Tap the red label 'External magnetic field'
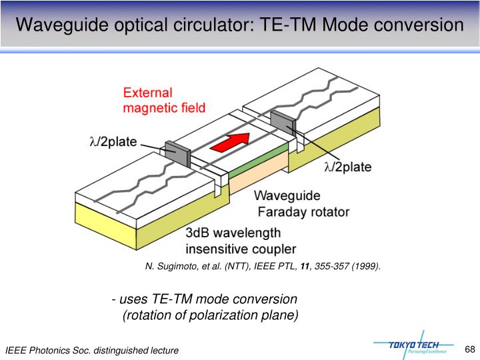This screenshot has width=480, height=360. coord(164,99)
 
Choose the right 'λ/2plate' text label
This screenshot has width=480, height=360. coord(347,167)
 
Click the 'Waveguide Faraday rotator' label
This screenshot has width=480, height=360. coord(300,204)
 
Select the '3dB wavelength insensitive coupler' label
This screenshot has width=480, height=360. coord(240,241)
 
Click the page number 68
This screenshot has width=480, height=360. coord(469,349)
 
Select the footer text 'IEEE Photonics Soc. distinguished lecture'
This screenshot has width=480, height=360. coord(92,351)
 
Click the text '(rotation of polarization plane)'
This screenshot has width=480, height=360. coord(211,315)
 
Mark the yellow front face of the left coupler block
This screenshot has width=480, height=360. coord(107,217)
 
